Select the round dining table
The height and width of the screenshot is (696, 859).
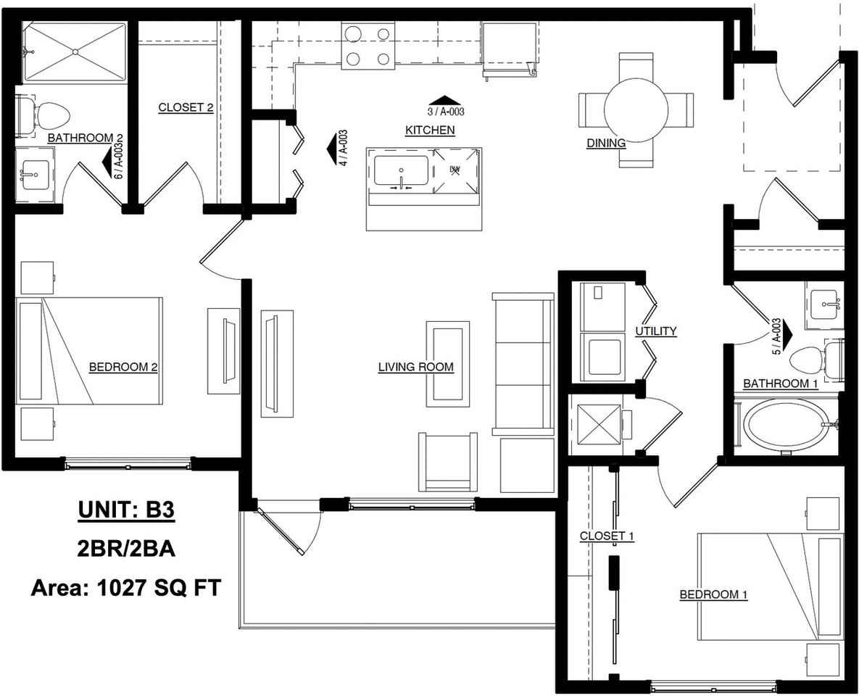(636, 109)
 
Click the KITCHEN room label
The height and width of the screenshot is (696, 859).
(430, 130)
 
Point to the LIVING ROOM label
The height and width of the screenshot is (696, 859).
(416, 367)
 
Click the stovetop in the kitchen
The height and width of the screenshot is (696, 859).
(368, 46)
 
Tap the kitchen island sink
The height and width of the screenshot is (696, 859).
(401, 171)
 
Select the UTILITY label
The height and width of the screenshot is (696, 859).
(656, 331)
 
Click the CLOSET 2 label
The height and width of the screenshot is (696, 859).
(186, 107)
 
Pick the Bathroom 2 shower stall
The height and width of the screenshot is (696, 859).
(75, 53)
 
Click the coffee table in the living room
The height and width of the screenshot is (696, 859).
(448, 364)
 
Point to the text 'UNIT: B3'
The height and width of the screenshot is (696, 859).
(127, 510)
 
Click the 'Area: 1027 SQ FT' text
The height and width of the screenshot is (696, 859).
(126, 588)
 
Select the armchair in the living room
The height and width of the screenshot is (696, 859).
(447, 462)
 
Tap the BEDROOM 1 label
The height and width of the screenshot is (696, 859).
(713, 594)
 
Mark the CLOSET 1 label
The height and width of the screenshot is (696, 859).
(607, 536)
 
